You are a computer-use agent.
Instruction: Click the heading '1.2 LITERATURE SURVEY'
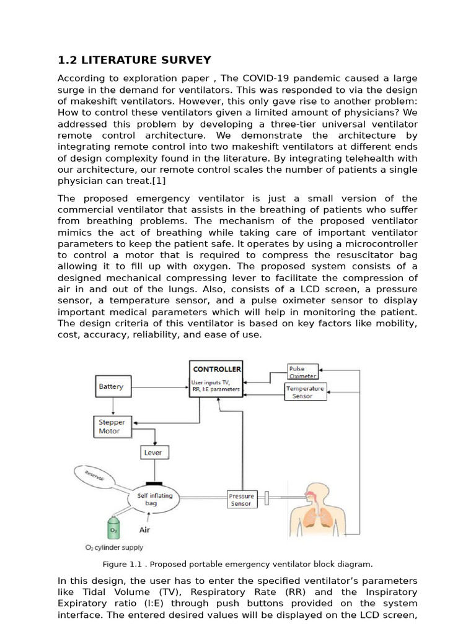click(134, 60)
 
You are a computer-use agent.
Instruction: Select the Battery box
click(112, 387)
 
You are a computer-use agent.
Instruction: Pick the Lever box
click(152, 453)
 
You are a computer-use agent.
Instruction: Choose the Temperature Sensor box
click(304, 392)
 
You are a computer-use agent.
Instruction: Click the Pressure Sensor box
click(241, 500)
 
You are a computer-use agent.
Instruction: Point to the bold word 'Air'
click(144, 530)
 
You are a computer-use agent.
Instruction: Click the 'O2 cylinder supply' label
click(114, 547)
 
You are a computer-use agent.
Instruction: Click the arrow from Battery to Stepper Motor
click(112, 406)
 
